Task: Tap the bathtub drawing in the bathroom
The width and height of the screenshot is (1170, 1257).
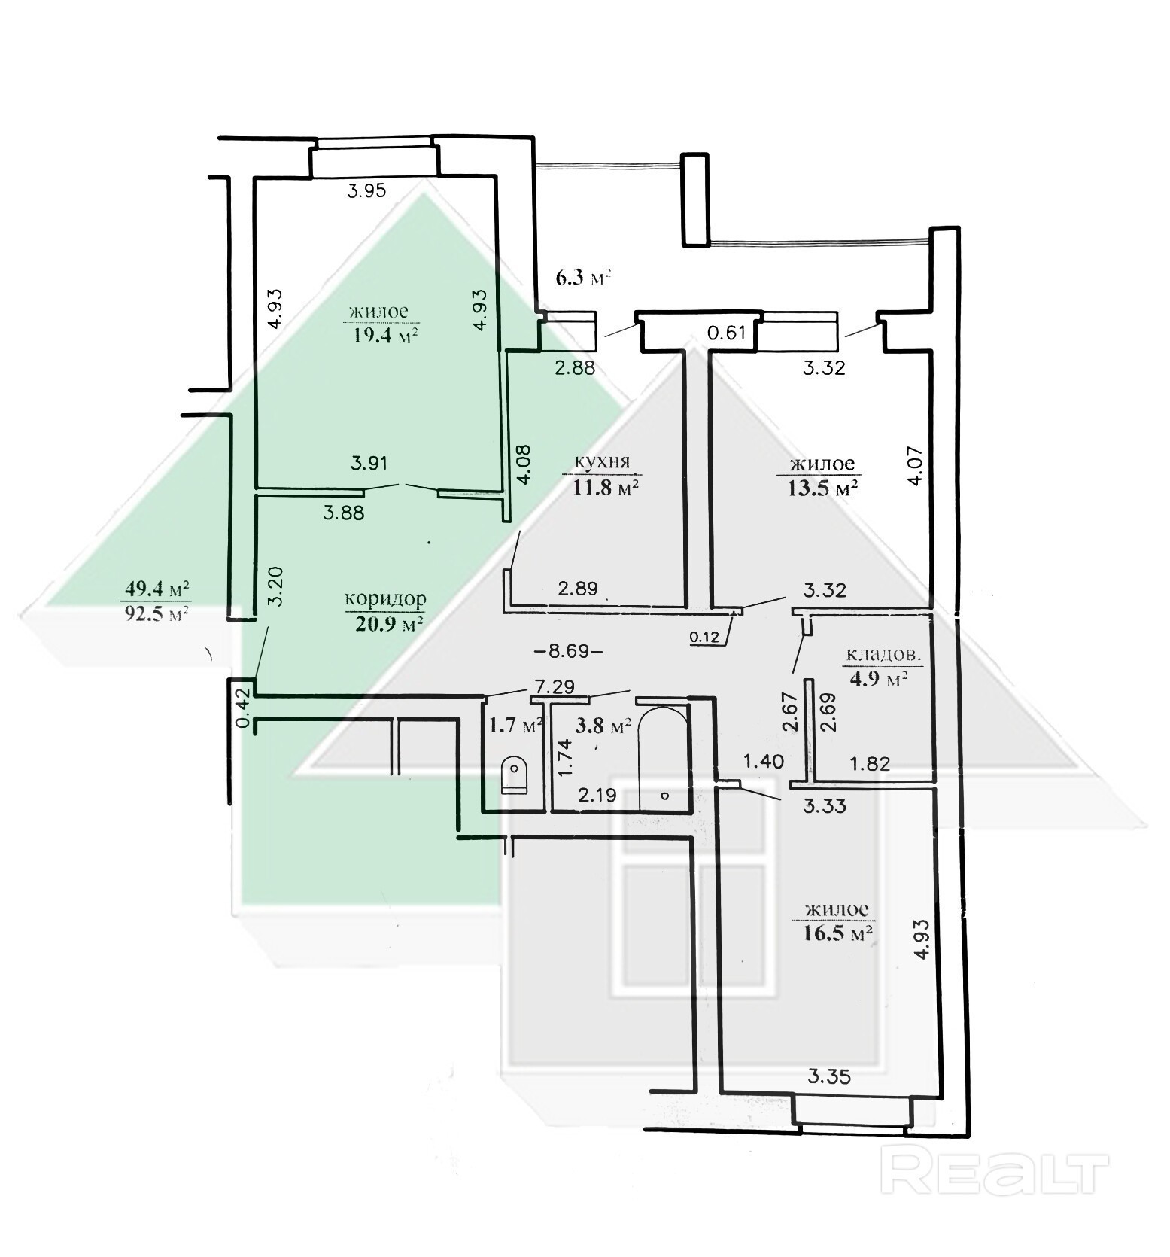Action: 662,757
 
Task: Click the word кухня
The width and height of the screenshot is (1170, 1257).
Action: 602,461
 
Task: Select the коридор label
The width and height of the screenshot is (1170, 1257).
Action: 385,599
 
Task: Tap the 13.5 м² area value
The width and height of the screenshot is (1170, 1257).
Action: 822,488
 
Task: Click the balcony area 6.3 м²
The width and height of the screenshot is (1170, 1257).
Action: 582,278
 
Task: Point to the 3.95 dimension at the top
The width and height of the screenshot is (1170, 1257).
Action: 366,190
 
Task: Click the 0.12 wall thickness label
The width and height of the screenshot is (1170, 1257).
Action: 705,638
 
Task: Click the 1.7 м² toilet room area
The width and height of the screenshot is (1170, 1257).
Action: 517,726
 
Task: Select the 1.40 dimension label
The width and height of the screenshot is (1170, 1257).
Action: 763,761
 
